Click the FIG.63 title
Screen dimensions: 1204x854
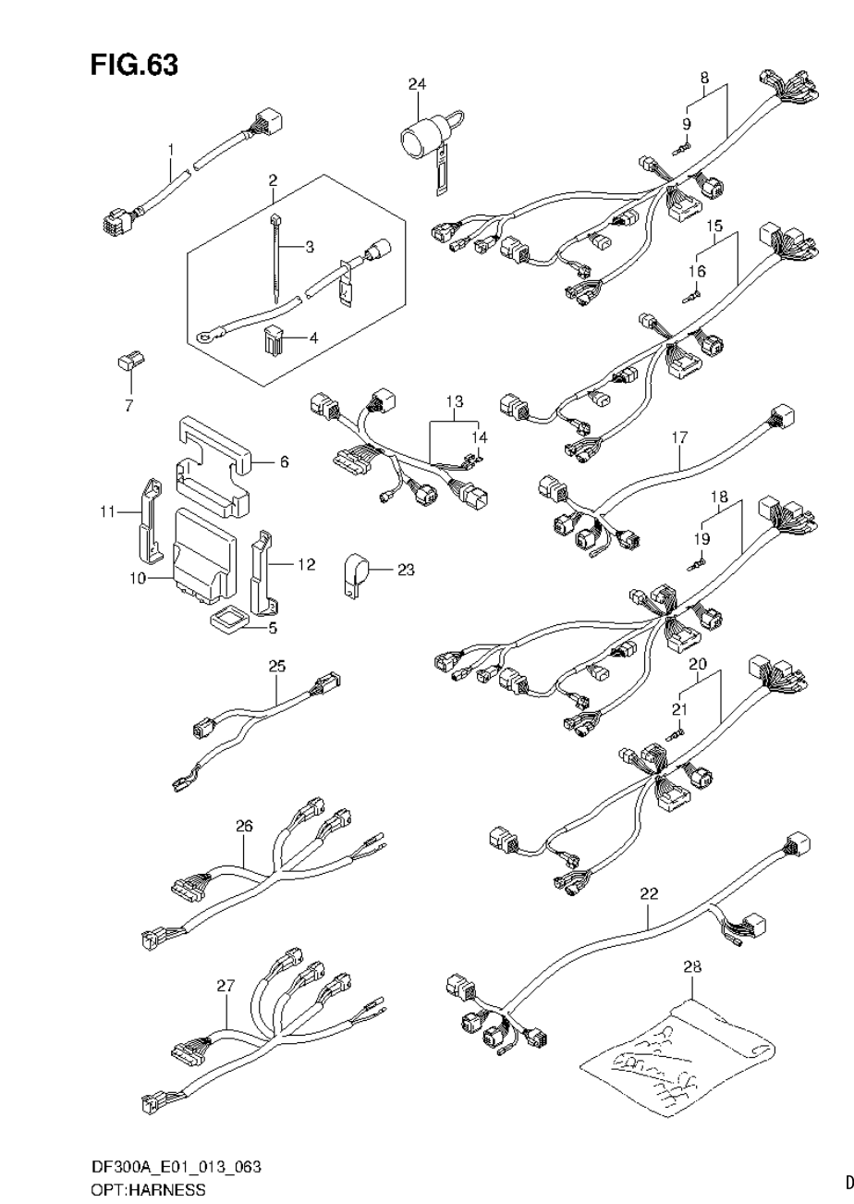click(134, 65)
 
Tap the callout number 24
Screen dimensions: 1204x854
click(418, 85)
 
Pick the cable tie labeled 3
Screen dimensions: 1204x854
click(278, 254)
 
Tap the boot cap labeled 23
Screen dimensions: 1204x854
click(353, 572)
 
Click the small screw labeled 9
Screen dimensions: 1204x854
click(683, 147)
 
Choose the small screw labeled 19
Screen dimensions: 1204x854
click(696, 560)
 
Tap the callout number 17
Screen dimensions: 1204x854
click(680, 436)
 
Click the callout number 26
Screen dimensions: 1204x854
click(244, 826)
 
